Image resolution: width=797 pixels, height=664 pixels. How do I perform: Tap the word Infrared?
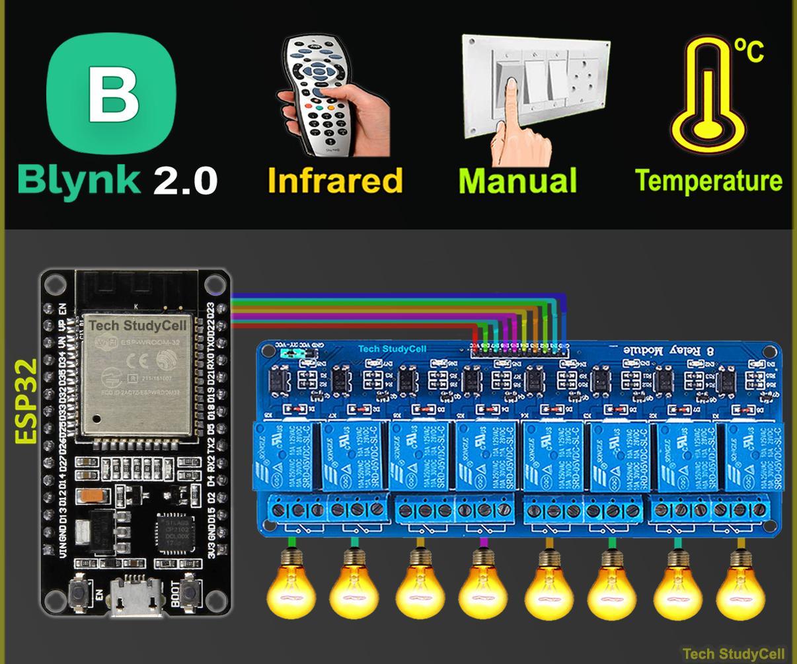pos(335,181)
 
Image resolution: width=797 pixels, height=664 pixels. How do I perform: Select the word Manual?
pos(517,181)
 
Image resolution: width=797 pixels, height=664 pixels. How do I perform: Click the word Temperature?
pos(708,181)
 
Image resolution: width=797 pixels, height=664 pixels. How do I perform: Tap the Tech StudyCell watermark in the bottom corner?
pos(734,654)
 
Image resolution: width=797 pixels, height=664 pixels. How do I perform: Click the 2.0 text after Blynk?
pos(186,181)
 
